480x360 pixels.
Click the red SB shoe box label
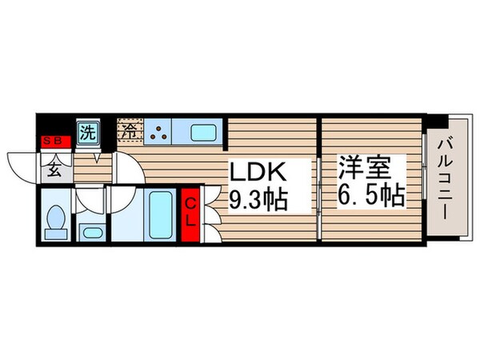click(x=56, y=142)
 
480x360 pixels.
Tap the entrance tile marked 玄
click(x=55, y=169)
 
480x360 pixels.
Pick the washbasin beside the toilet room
click(x=91, y=232)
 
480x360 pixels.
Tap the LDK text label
click(x=258, y=173)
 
